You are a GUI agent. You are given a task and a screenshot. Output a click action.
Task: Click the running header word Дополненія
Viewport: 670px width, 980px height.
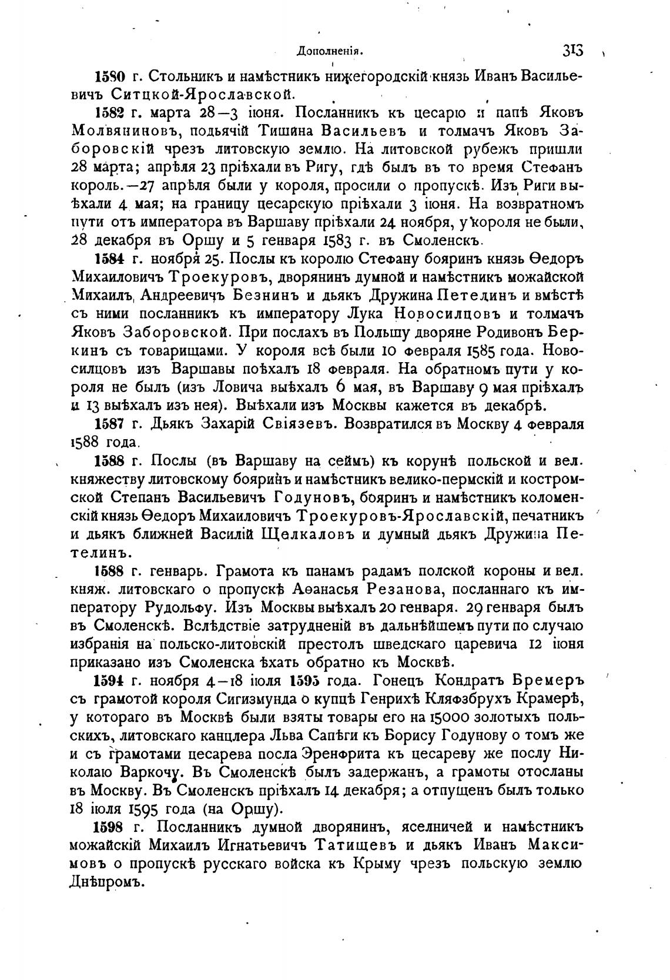click(x=330, y=51)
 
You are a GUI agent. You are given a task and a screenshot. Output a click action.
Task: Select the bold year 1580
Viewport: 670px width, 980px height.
click(x=109, y=77)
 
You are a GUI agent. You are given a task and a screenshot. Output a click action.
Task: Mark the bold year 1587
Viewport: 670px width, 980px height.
click(x=109, y=424)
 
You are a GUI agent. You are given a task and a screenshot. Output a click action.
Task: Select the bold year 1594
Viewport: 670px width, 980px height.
click(x=109, y=680)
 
